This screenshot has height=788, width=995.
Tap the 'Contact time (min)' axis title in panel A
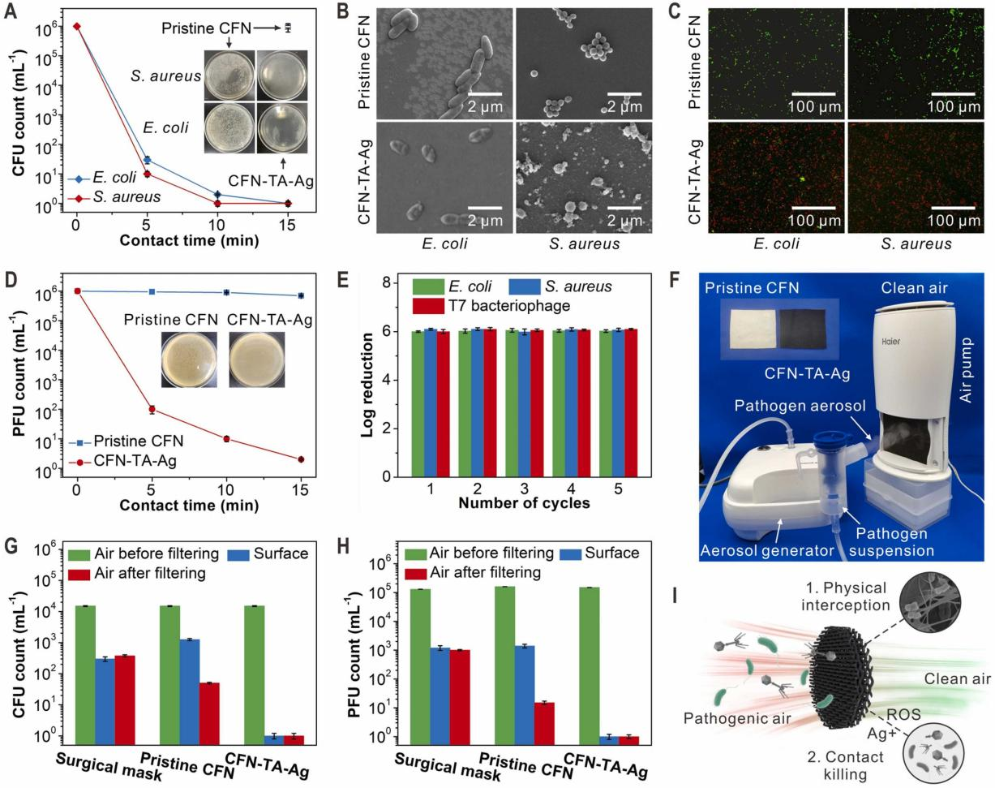pyautogui.click(x=189, y=240)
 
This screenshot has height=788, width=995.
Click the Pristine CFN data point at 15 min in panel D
pyautogui.click(x=301, y=295)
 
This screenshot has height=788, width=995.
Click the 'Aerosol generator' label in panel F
pyautogui.click(x=757, y=551)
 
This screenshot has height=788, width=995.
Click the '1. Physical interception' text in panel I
pyautogui.click(x=846, y=596)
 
